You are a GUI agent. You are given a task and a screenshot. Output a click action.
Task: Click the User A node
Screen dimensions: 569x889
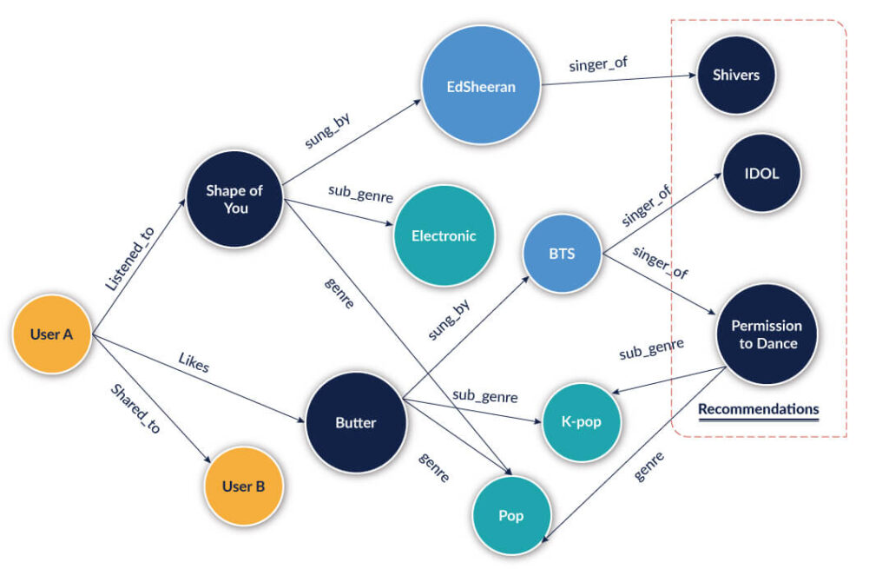coord(51,334)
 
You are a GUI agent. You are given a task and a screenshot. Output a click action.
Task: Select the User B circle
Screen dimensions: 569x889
coord(243,486)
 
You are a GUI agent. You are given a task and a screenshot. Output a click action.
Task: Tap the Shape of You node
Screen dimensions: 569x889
coord(234,200)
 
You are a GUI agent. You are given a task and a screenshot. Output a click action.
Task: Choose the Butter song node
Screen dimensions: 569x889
coord(355,423)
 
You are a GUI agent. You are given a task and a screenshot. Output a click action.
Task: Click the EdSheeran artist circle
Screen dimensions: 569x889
coord(480,87)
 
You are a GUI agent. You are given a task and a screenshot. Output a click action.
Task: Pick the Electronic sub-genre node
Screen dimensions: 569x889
coord(444,235)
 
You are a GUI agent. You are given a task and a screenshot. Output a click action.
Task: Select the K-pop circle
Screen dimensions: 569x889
coord(581,422)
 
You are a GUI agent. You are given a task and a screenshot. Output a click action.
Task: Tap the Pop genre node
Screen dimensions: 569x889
coord(510,515)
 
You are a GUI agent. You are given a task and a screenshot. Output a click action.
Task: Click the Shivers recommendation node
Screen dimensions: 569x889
coord(736,75)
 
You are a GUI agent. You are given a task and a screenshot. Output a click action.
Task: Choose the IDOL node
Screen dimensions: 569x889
coord(761,173)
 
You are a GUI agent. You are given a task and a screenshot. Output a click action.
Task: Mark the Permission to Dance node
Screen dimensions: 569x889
coord(766,334)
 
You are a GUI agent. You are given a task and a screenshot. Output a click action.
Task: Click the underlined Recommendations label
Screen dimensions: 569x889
coord(758,409)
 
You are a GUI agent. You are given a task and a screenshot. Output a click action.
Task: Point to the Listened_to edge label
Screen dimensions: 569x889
coord(129,258)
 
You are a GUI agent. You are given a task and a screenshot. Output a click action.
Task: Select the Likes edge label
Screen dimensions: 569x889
coord(194,363)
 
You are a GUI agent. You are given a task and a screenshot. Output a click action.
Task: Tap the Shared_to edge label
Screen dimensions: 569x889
coord(135,408)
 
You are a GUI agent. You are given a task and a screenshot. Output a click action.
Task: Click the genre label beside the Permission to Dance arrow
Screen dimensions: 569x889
coord(649,466)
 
